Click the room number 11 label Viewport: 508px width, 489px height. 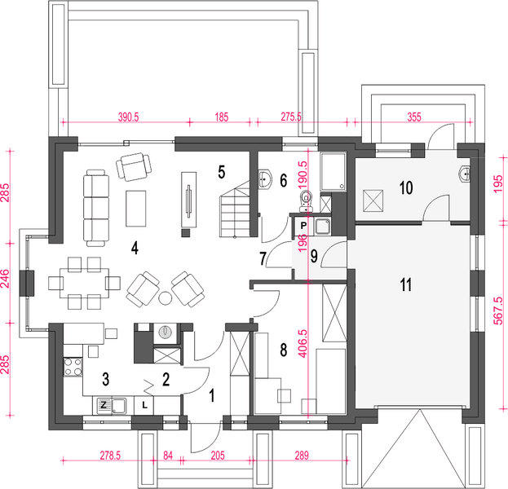[406, 285]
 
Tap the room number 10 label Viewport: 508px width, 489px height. [406, 187]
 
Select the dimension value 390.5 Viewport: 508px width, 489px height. [128, 117]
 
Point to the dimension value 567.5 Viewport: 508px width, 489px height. [499, 311]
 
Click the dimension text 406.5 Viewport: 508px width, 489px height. [303, 344]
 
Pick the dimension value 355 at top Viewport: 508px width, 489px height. [414, 117]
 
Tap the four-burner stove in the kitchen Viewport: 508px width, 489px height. [73, 367]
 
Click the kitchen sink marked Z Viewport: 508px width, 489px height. [111, 406]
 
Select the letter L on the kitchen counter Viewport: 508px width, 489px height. [144, 405]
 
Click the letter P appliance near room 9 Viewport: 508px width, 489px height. [303, 226]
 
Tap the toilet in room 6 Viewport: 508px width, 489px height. [306, 201]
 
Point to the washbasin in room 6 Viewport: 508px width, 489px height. [265, 178]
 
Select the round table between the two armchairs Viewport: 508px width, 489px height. [166, 298]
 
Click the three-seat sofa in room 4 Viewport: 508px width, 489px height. [96, 208]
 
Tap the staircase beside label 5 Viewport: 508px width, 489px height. [235, 209]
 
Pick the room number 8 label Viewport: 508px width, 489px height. [284, 350]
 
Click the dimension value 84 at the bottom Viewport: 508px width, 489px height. [168, 456]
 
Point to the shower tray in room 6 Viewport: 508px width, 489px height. [333, 172]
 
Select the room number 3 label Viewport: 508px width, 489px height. [106, 379]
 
